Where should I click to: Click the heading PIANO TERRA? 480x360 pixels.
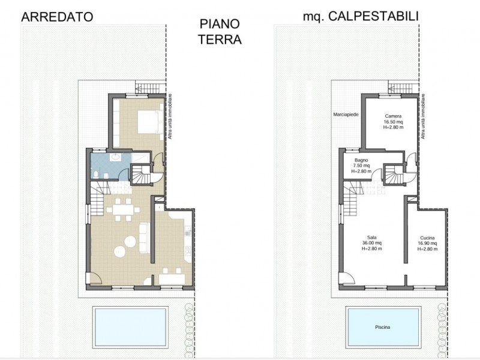[x=221, y=32]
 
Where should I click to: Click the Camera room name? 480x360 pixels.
[x=393, y=115]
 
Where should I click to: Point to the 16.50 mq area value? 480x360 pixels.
[x=393, y=121]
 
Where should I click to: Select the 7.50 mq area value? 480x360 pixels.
[x=361, y=166]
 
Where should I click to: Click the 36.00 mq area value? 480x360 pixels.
[x=371, y=243]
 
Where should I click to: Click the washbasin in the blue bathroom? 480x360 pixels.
[x=115, y=158]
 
